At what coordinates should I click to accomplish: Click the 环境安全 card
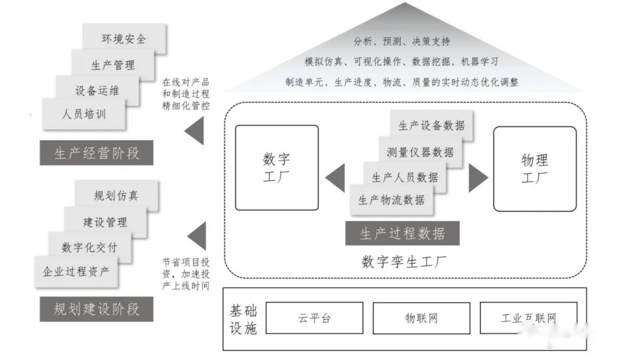click(124, 39)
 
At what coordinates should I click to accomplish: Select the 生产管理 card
click(113, 64)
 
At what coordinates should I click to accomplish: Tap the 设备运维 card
click(98, 90)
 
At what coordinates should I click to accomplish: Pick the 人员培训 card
click(84, 114)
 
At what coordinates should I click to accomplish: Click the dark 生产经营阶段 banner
click(97, 154)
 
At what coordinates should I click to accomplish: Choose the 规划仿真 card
click(117, 195)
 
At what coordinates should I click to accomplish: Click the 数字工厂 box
click(277, 168)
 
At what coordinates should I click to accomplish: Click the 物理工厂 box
click(535, 168)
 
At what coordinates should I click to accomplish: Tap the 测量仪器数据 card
click(420, 152)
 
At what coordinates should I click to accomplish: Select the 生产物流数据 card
click(392, 200)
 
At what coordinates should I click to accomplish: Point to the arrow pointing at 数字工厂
click(336, 178)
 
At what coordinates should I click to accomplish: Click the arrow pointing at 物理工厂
click(477, 178)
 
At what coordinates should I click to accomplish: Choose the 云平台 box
click(314, 318)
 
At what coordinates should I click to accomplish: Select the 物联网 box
click(421, 318)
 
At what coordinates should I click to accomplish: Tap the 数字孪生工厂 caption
click(404, 261)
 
